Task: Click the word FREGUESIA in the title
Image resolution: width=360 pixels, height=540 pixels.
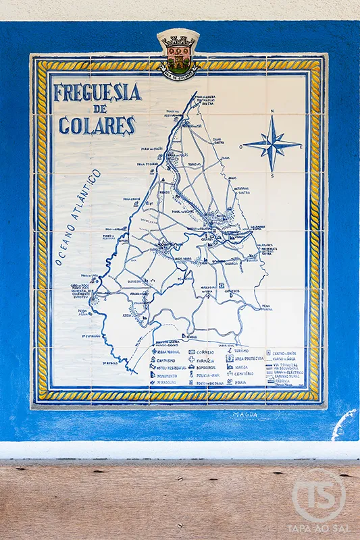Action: pyautogui.click(x=97, y=92)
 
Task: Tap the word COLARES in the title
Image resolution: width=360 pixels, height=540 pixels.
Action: pyautogui.click(x=97, y=126)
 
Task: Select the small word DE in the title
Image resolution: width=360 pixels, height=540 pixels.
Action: pyautogui.click(x=100, y=109)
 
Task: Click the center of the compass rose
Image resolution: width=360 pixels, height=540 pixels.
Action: pyautogui.click(x=272, y=144)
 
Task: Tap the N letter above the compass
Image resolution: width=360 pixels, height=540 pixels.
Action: pyautogui.click(x=272, y=112)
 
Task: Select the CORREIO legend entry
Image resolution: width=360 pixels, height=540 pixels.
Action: pyautogui.click(x=205, y=352)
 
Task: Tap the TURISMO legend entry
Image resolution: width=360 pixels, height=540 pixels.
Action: pyautogui.click(x=241, y=351)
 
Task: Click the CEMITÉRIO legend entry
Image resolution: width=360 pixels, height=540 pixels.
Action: pyautogui.click(x=244, y=374)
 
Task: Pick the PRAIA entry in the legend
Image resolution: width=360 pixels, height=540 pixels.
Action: pyautogui.click(x=240, y=382)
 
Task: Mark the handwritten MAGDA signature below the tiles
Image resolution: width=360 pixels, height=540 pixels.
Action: pyautogui.click(x=245, y=414)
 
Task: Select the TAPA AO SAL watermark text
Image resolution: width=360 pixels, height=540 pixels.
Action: pyautogui.click(x=319, y=529)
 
